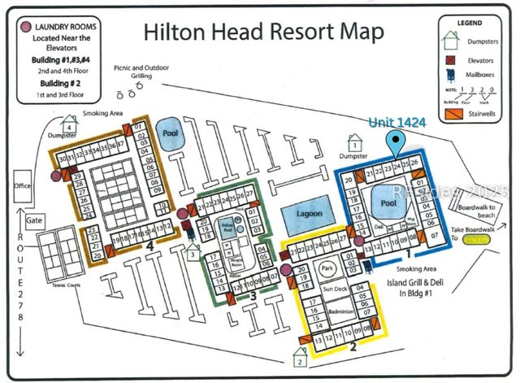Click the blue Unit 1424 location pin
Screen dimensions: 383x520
click(396, 144)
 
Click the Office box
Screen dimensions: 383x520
click(21, 186)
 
